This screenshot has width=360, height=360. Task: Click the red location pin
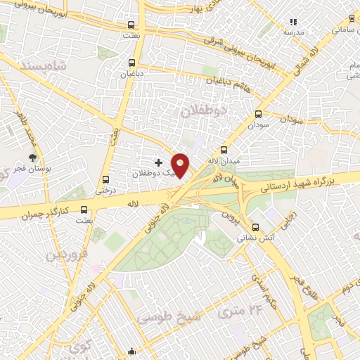click(x=180, y=165)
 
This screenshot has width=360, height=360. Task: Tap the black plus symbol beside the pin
click(x=158, y=163)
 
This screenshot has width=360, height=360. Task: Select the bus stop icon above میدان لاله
click(x=224, y=150)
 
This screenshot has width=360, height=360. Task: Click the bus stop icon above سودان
click(x=257, y=113)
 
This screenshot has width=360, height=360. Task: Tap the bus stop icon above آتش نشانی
click(x=256, y=228)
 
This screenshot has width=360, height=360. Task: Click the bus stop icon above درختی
click(x=106, y=179)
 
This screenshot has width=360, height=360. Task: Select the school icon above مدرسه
click(x=293, y=22)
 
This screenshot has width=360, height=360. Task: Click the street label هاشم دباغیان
click(x=229, y=90)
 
